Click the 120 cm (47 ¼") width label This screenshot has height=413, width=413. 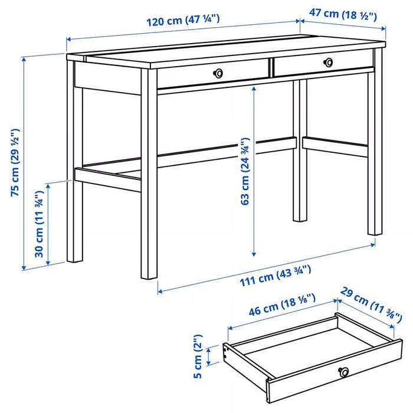click(x=183, y=21)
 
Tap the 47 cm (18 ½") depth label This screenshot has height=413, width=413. click(x=343, y=15)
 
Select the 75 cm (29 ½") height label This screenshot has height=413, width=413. click(x=15, y=162)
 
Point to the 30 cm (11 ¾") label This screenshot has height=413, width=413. click(x=40, y=224)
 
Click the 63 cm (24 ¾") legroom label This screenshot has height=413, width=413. click(x=245, y=171)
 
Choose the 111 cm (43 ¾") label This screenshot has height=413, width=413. click(x=276, y=276)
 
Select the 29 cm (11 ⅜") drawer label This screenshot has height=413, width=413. click(x=371, y=304)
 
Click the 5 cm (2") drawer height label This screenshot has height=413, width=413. click(x=198, y=356)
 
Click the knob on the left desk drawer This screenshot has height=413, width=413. click(x=218, y=73)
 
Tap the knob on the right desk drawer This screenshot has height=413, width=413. click(x=328, y=63)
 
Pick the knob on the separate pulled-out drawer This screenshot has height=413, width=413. click(x=344, y=372)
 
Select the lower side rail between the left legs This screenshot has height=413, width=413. click(x=108, y=179)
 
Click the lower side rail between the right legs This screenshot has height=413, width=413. click(x=335, y=146)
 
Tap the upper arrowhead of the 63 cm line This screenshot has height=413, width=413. click(x=254, y=88)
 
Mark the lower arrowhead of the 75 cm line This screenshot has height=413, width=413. click(x=24, y=268)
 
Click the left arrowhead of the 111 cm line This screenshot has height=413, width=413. click(x=160, y=291)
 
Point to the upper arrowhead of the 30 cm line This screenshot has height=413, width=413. click(x=48, y=186)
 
